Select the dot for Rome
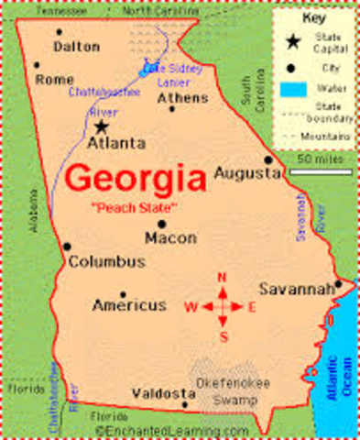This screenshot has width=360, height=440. point(36,65)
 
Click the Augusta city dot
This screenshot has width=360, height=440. point(268,158)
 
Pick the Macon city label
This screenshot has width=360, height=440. point(170,237)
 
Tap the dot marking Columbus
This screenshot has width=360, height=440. point(67,246)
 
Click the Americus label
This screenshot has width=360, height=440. point(130,304)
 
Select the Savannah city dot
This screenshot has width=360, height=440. point(338,284)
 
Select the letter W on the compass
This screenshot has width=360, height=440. point(191,307)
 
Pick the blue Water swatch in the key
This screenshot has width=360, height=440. point(292,89)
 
